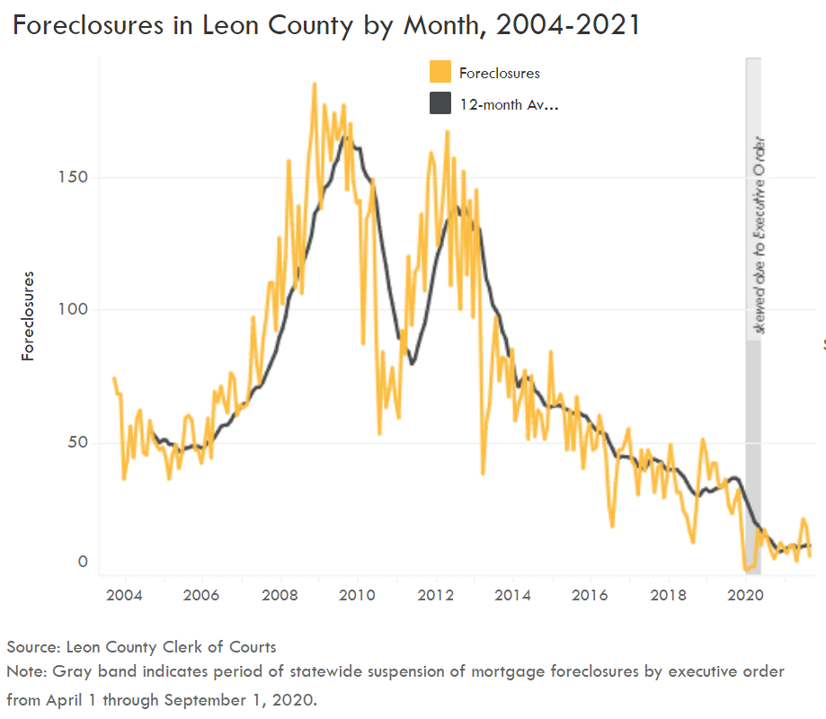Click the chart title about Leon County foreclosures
(327, 24)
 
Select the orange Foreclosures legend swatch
(440, 73)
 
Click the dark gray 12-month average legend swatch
(440, 104)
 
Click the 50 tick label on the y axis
(79, 443)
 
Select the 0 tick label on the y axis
(84, 563)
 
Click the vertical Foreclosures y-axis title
(28, 315)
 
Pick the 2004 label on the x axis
(123, 595)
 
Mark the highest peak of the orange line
(314, 84)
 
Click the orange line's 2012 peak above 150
(447, 133)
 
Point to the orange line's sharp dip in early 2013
(483, 473)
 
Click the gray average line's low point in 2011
(412, 363)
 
